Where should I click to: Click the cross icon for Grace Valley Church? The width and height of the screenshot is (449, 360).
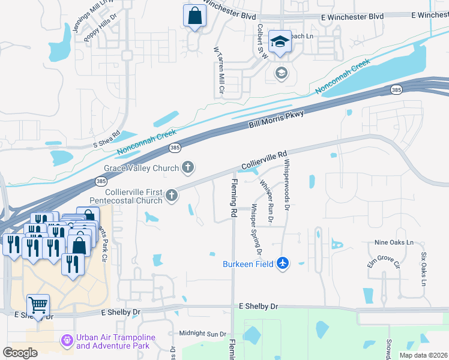point(188,167)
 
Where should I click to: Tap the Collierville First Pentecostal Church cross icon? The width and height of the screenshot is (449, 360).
point(172,195)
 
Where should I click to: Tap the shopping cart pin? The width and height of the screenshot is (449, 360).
point(38,306)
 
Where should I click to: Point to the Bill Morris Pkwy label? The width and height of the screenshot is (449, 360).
point(277,118)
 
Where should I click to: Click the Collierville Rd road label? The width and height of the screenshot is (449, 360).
point(265,160)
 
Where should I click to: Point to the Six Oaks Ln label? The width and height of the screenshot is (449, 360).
point(423,268)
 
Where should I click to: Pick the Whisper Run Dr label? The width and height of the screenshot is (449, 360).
point(267,202)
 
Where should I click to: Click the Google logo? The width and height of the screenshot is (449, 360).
point(20,353)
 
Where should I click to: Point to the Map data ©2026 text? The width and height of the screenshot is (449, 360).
point(423,355)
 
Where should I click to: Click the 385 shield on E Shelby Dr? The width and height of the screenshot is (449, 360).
point(174,307)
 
